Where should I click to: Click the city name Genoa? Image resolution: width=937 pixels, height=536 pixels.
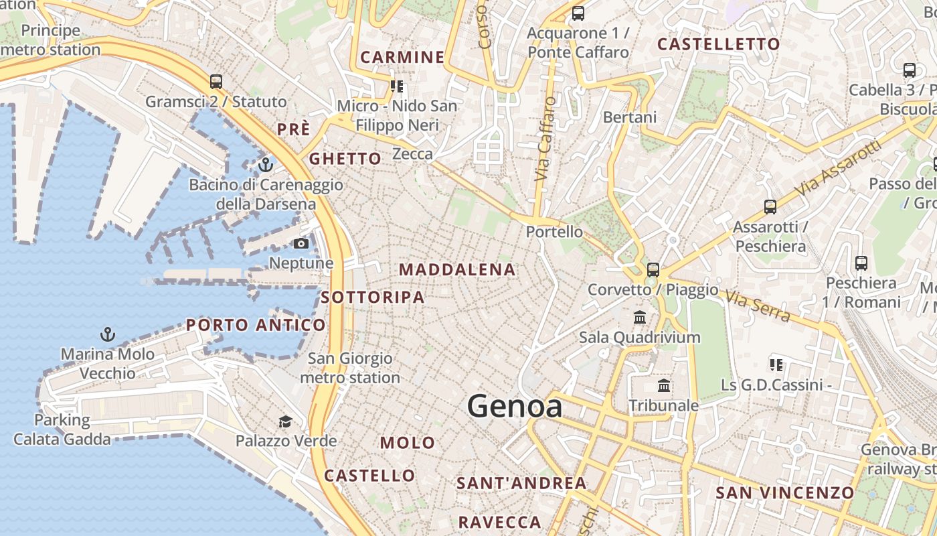click(x=515, y=407)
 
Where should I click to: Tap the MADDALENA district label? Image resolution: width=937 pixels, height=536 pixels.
click(x=457, y=270)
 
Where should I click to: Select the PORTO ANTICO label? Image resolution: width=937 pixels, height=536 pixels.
click(x=256, y=326)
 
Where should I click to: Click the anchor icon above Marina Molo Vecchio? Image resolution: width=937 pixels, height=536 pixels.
click(x=107, y=334)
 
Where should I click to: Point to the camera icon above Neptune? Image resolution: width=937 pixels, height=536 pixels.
click(x=301, y=243)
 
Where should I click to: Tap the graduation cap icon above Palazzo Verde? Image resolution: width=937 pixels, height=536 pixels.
click(x=286, y=421)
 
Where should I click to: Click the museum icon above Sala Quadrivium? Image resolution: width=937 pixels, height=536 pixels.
click(x=640, y=317)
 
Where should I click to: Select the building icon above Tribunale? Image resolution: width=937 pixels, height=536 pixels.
click(x=664, y=385)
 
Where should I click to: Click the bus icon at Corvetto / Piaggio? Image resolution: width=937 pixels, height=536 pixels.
click(x=653, y=270)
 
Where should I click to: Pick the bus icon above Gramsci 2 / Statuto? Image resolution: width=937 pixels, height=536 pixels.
click(x=216, y=82)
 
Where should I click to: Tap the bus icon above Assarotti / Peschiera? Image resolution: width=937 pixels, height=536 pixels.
click(x=770, y=207)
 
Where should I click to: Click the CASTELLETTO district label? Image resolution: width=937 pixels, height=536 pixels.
click(x=718, y=44)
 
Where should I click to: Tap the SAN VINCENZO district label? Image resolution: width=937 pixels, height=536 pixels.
click(x=784, y=493)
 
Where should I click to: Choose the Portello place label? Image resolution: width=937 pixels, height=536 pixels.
click(x=554, y=232)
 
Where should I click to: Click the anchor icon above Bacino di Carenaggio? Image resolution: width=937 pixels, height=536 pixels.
click(x=266, y=164)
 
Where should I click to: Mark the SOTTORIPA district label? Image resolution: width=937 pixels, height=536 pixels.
click(x=372, y=297)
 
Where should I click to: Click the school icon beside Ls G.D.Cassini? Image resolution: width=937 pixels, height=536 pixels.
click(x=776, y=365)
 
